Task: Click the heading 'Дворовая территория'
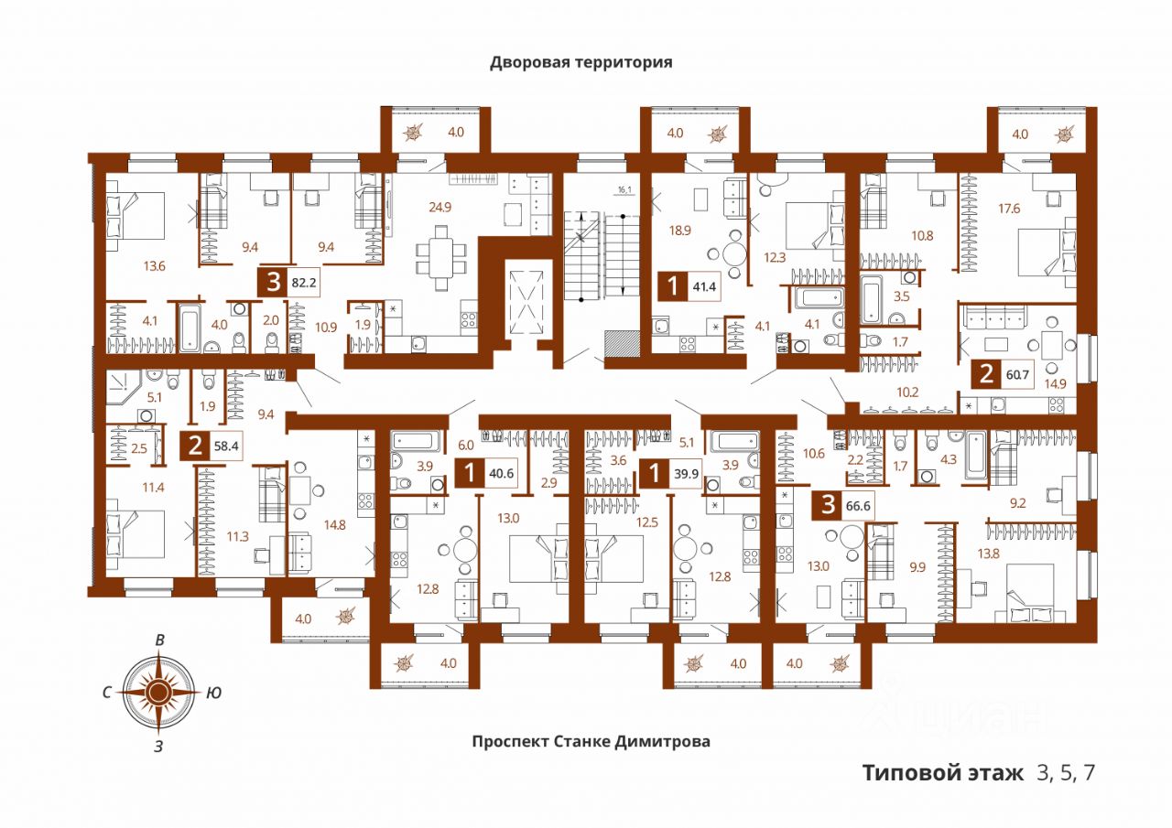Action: (581, 62)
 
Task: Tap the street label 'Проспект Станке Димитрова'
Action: (591, 742)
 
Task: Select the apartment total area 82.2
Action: (303, 283)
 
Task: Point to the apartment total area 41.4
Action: (703, 287)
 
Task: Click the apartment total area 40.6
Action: (505, 474)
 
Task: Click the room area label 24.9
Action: (441, 206)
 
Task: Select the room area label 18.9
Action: (679, 231)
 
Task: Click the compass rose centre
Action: (159, 692)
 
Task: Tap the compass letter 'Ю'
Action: (212, 694)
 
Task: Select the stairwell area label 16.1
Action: (625, 190)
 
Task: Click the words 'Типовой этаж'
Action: (943, 773)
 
